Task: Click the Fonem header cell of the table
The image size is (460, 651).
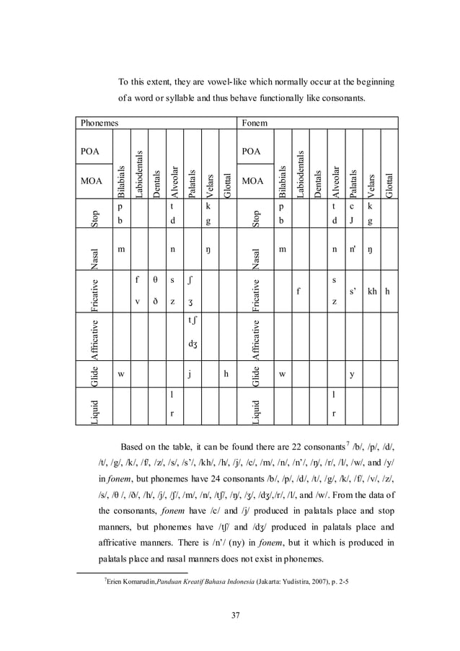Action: tap(253, 123)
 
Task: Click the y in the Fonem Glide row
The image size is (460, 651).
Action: tap(352, 374)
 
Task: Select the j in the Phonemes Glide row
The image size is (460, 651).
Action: tap(188, 374)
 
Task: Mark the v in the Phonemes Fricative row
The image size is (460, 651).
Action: tap(138, 302)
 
